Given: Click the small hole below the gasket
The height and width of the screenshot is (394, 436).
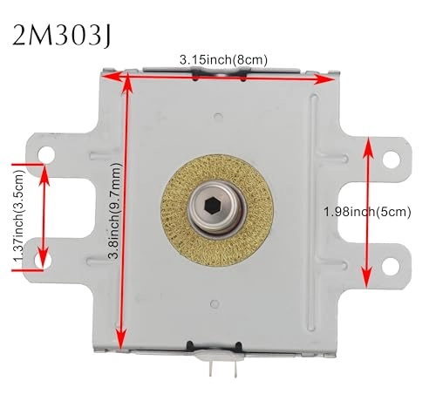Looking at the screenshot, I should pyautogui.click(x=215, y=306).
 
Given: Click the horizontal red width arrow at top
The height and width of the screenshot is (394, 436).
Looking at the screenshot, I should pyautogui.click(x=218, y=75).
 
